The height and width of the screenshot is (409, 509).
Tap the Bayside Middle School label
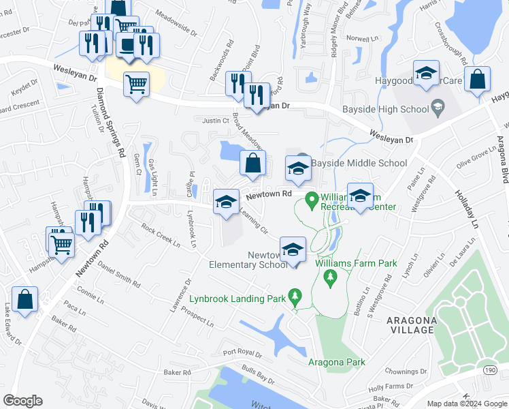(359, 164)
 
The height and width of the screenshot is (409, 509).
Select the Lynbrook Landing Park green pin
(295, 297)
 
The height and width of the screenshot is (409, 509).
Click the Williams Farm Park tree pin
(330, 277)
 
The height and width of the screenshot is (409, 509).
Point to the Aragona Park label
(337, 362)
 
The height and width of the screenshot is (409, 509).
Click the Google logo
(22, 401)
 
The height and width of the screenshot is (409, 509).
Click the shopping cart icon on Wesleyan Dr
(136, 85)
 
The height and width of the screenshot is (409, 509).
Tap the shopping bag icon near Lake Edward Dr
(24, 299)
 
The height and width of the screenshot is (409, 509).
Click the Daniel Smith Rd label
(118, 273)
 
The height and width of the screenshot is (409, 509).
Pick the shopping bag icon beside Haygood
(478, 79)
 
